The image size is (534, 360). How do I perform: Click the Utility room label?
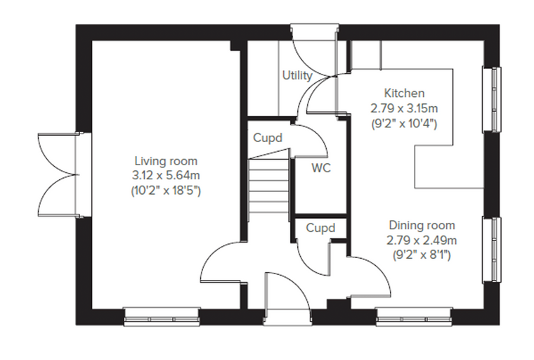297,75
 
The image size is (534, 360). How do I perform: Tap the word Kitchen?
404,93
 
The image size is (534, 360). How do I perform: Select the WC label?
321,168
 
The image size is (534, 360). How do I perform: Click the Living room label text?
166,161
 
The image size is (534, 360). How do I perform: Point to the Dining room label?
422,225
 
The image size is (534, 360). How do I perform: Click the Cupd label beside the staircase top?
268,138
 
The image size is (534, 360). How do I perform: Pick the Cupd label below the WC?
320,228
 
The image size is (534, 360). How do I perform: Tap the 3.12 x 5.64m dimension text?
166,176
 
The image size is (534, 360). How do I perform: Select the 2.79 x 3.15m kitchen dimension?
404,108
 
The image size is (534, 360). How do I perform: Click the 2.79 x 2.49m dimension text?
422,240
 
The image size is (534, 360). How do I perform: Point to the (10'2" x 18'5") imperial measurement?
166,191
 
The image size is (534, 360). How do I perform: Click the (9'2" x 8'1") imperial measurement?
422,255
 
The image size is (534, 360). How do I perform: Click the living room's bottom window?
162,316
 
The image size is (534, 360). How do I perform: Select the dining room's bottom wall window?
414,316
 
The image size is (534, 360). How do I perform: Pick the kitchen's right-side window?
492,100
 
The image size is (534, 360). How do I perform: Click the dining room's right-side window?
492,250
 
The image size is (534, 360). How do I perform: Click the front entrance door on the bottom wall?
287,299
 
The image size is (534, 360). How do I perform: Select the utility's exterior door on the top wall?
314,50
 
